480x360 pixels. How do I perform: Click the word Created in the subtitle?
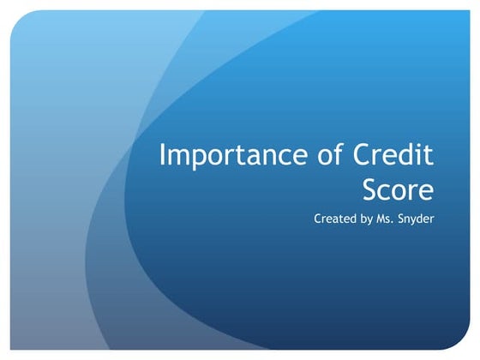click(x=334, y=219)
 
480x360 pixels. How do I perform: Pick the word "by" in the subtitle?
click(x=367, y=219)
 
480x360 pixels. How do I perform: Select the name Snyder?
click(x=417, y=219)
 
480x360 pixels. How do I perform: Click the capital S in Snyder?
click(x=404, y=219)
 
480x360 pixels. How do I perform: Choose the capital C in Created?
click(x=318, y=219)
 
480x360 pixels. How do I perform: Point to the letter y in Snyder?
click(x=417, y=221)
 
